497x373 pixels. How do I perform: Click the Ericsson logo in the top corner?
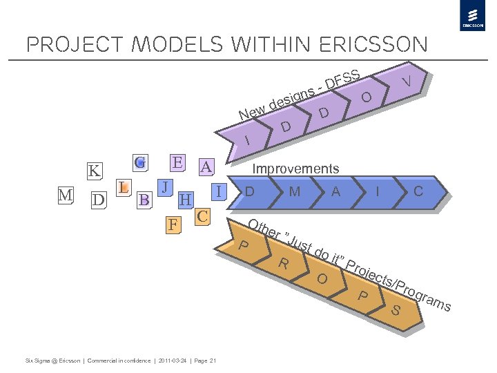tap(473, 17)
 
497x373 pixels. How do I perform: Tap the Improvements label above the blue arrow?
tap(295, 169)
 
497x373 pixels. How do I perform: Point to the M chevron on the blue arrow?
tap(295, 191)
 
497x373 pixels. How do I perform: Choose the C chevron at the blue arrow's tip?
tap(418, 191)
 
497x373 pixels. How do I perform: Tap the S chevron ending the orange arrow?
tap(396, 310)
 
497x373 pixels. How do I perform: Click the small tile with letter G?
tap(140, 163)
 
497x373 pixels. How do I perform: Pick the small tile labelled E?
tap(177, 163)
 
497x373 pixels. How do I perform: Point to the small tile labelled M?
tap(66, 195)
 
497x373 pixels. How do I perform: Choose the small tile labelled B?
tap(144, 200)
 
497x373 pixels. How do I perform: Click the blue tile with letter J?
tap(164, 187)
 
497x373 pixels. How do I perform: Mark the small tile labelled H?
tap(185, 200)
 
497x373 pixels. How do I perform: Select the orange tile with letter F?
tap(175, 224)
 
